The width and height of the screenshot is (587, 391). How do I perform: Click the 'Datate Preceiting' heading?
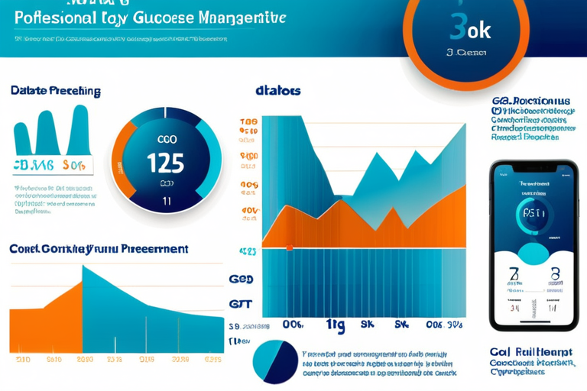pos(56,91)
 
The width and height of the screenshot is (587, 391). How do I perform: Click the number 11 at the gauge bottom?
pos(166,202)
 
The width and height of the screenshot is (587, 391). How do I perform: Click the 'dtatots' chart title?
pos(277,91)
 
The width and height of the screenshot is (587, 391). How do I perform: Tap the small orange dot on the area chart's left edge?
pos(289,247)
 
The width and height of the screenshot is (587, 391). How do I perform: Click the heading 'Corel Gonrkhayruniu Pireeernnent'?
pos(99,249)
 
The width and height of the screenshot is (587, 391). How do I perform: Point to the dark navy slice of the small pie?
pos(284,360)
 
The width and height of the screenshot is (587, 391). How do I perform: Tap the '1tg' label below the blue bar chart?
pos(336,325)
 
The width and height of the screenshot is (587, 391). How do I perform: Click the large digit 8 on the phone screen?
pos(555,276)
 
